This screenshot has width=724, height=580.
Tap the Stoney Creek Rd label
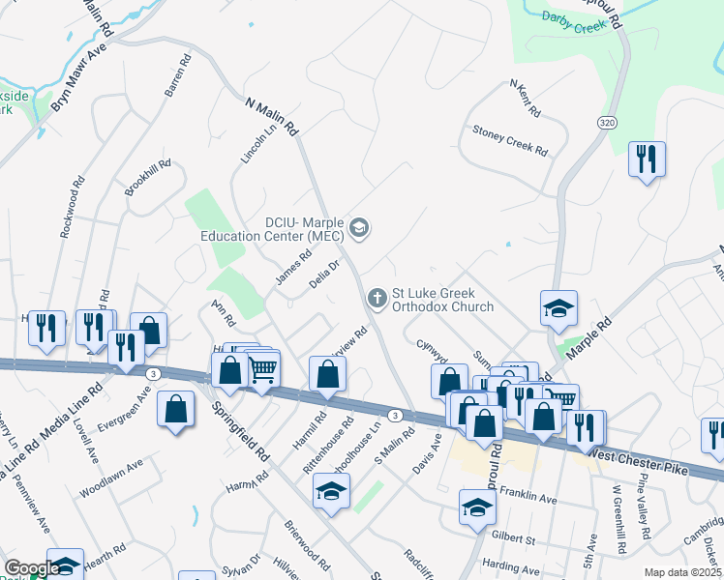point(510,140)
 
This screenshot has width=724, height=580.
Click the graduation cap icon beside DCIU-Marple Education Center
point(360,228)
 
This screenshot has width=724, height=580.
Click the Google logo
point(32,568)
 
